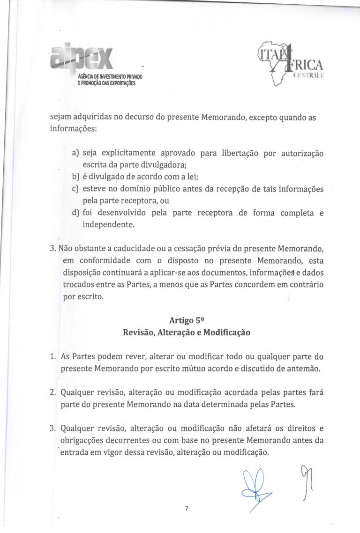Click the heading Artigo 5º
187,321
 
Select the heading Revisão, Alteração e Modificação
187,333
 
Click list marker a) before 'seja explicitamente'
75,153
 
